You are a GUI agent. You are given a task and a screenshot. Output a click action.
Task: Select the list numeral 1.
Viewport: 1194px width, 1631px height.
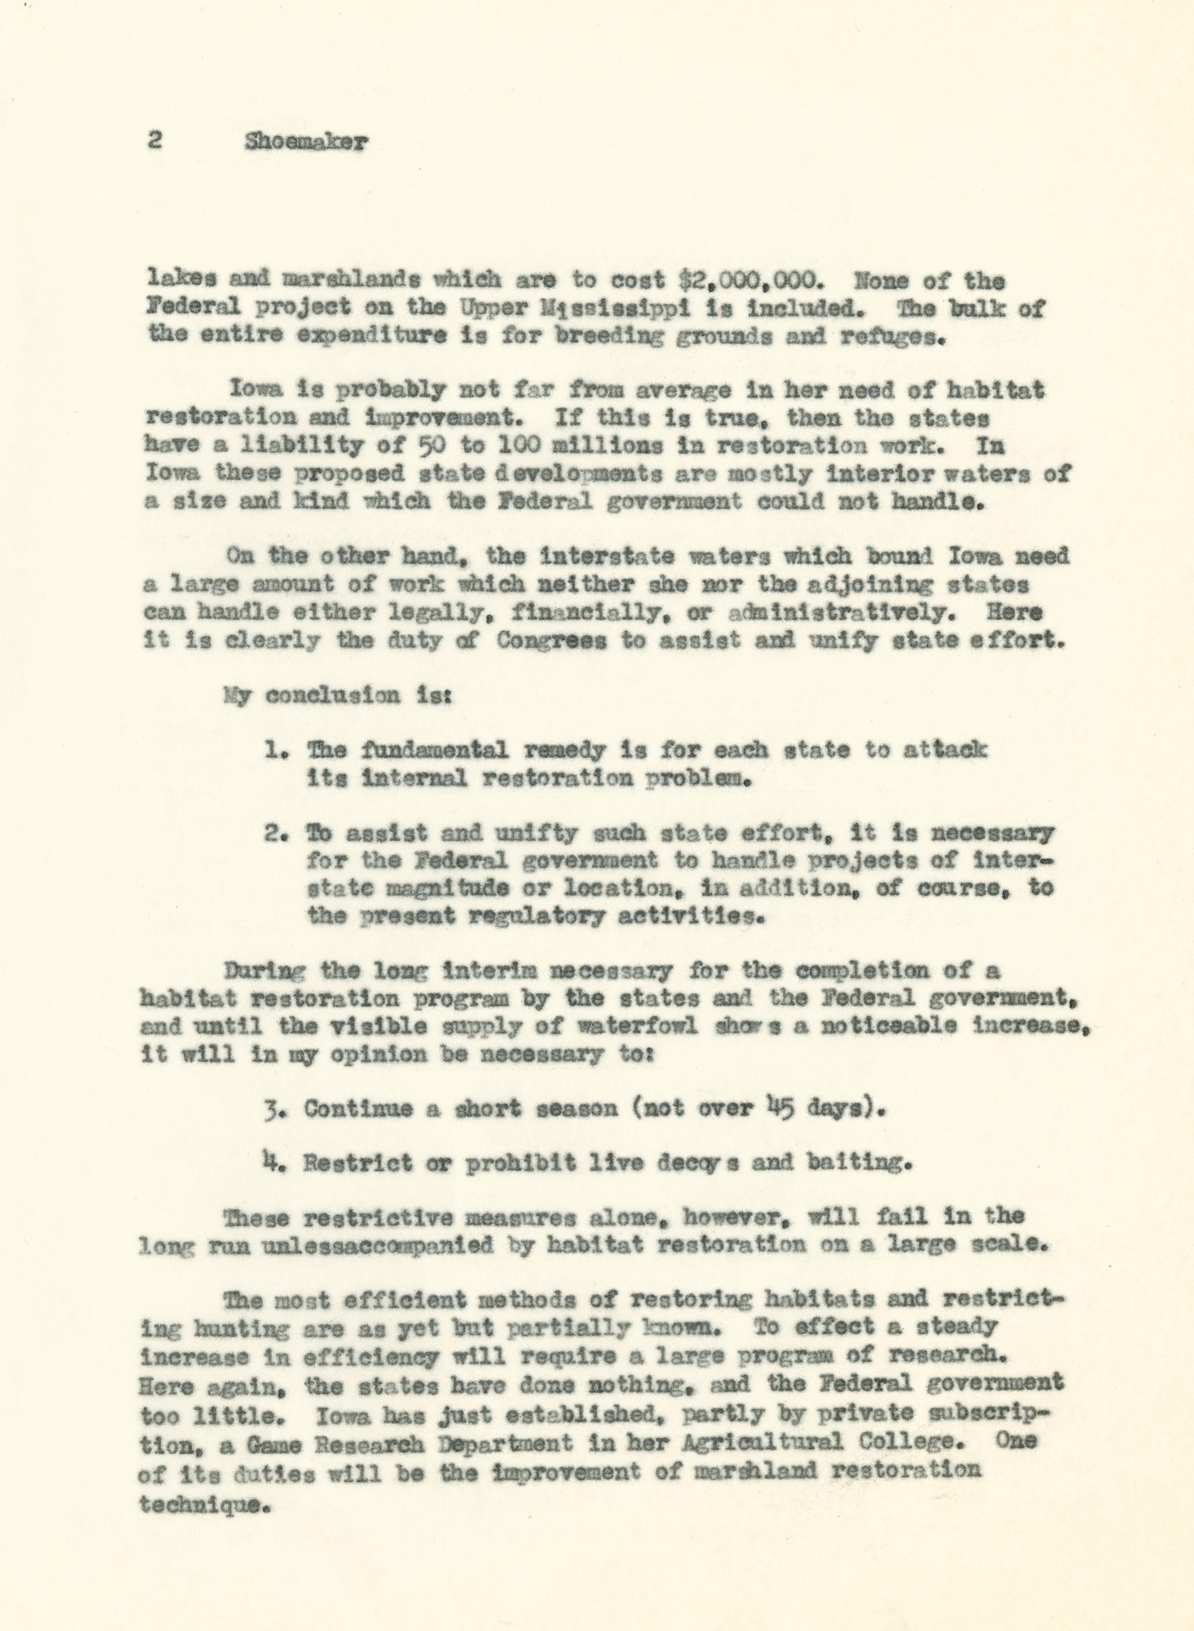tap(273, 750)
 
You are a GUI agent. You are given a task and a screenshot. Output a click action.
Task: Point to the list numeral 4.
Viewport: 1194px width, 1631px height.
tap(272, 1162)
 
